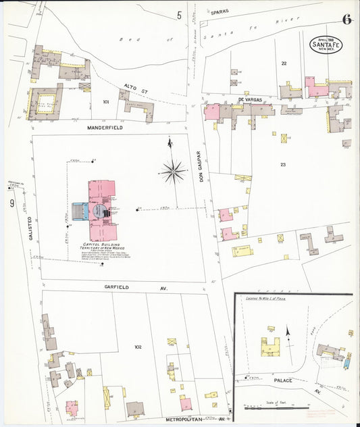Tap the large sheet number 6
pos(346,19)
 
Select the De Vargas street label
pos(249,99)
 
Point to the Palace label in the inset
pos(283,380)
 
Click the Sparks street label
pos(220,12)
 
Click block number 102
pos(138,347)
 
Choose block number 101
pos(105,102)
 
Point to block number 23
pos(283,164)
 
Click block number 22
pos(284,63)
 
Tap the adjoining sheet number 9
pos(11,203)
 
